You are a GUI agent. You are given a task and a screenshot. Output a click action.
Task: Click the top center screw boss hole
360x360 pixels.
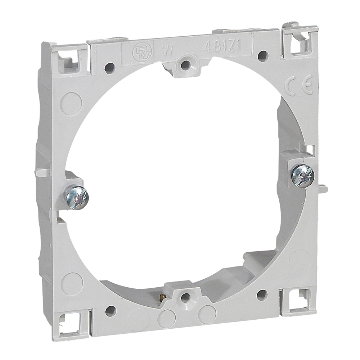[x=185, y=64]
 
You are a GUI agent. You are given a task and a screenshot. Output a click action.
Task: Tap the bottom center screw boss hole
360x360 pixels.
[x=185, y=297]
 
